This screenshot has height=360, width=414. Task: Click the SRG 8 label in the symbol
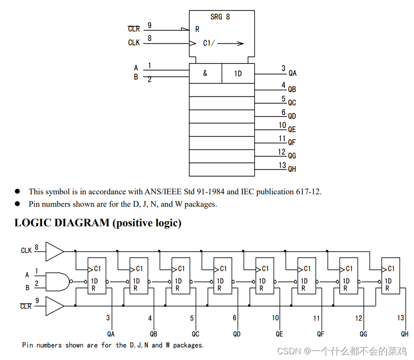(x=220, y=17)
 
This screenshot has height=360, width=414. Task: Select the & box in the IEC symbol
(x=205, y=74)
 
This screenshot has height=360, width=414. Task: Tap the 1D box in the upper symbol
(x=238, y=74)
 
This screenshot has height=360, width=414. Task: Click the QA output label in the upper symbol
(x=292, y=74)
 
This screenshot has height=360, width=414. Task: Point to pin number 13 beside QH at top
(x=282, y=165)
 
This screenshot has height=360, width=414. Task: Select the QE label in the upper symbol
(x=292, y=129)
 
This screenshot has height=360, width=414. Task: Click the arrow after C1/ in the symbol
(x=231, y=43)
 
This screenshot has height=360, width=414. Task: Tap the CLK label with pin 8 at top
(x=134, y=43)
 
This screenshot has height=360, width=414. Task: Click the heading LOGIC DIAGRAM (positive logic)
(x=98, y=223)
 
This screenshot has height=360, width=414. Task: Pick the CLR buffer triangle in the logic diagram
(x=53, y=306)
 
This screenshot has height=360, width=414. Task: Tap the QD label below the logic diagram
(x=237, y=334)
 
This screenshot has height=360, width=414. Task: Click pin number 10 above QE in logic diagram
(x=276, y=318)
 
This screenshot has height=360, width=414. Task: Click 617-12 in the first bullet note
(x=308, y=191)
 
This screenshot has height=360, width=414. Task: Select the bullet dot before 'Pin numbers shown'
(x=18, y=203)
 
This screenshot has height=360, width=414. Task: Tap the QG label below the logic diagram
(x=363, y=334)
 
